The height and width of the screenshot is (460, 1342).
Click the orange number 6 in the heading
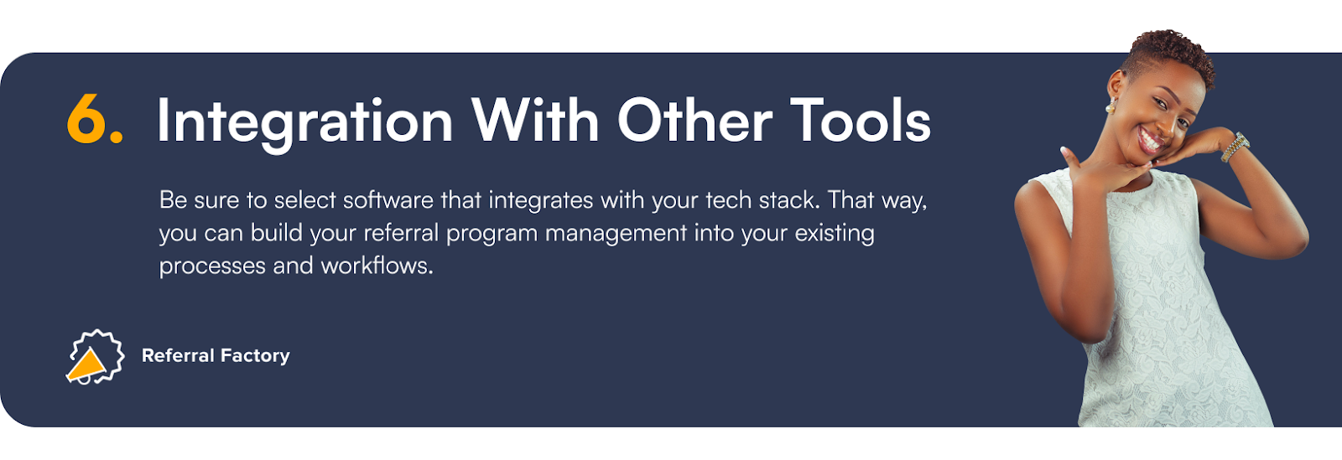click(x=88, y=120)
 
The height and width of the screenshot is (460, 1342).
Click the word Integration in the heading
click(x=304, y=122)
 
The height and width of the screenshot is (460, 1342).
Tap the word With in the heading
click(x=535, y=121)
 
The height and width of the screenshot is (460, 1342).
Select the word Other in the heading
click(x=694, y=121)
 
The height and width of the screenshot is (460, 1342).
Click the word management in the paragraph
click(x=616, y=234)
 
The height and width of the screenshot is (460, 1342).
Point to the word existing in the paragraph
click(x=835, y=234)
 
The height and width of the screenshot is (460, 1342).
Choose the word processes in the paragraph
click(x=212, y=266)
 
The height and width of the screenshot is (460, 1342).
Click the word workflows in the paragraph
click(x=377, y=266)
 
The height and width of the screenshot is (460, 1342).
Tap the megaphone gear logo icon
click(x=95, y=356)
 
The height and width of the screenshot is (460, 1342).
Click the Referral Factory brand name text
click(x=216, y=355)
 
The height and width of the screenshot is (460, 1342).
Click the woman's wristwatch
click(x=1235, y=147)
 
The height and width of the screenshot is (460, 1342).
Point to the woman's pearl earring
click(x=1111, y=108)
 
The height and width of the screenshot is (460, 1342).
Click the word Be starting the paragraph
click(x=173, y=200)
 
